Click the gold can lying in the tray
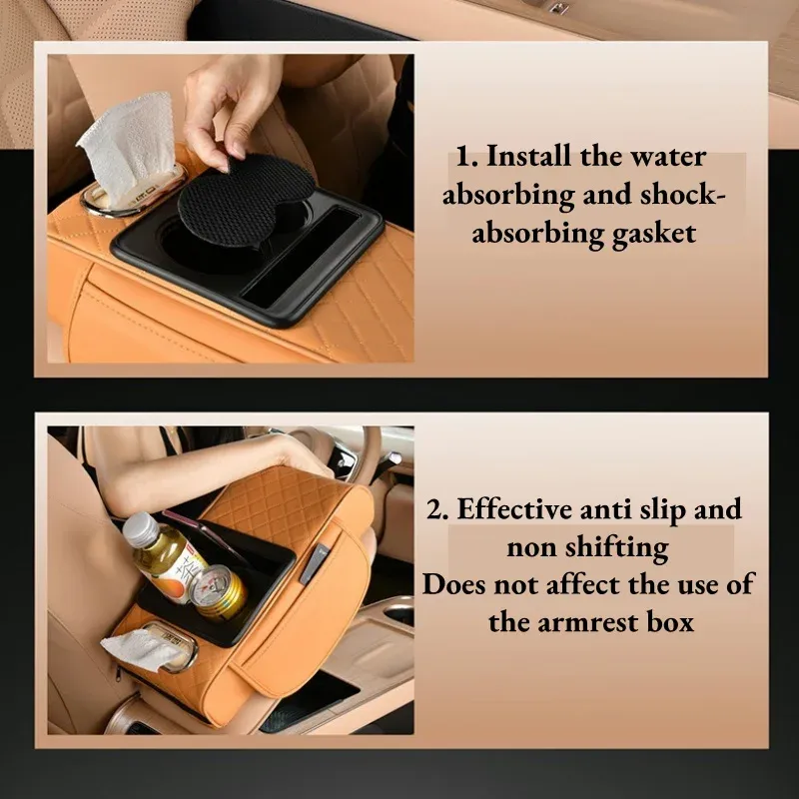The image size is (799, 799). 218,590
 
